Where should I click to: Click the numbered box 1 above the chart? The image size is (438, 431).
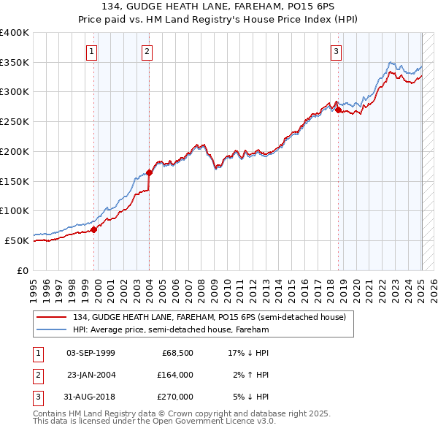91,51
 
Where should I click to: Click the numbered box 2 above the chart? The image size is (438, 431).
147,51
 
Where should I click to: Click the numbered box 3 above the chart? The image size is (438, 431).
336,51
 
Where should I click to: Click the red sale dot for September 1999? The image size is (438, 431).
94,229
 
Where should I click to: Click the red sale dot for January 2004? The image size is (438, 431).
149,173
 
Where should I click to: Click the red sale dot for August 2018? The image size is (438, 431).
338,110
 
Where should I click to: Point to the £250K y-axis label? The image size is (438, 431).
14,122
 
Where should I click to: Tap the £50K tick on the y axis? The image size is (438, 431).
17,240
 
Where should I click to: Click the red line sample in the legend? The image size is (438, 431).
52,317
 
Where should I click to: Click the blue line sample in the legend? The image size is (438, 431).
52,329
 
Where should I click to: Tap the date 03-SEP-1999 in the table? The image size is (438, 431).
91,353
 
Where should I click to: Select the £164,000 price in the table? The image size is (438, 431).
175,375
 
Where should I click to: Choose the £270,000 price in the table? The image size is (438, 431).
175,397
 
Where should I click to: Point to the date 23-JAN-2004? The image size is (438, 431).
91,375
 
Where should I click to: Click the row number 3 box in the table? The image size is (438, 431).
38,397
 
